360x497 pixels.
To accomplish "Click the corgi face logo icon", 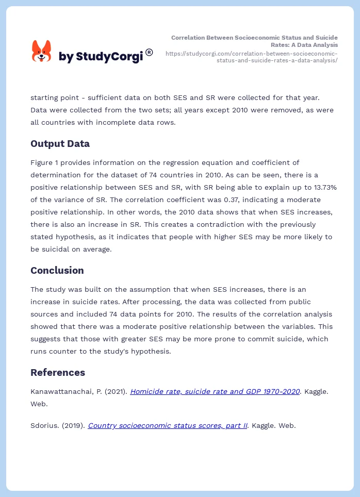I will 41,52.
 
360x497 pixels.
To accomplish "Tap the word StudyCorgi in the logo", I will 109,57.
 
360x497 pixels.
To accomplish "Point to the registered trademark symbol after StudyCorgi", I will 149,52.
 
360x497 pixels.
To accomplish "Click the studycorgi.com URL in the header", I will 251,57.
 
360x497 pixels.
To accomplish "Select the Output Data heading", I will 60,144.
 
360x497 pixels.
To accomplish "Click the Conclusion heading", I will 57,270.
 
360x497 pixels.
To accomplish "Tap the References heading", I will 58,372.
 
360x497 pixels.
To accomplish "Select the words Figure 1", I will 46,162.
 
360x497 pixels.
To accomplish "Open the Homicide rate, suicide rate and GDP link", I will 215,391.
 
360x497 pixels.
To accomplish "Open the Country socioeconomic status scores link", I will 168,425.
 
